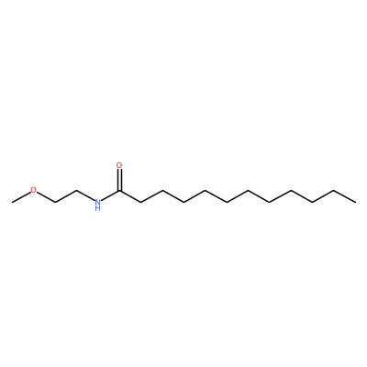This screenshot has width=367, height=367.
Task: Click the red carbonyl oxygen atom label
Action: tap(119, 165)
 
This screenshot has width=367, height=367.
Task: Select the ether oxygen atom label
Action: tap(33, 190)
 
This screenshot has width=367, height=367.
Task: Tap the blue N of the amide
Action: tap(97, 202)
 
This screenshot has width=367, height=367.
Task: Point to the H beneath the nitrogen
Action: tap(97, 208)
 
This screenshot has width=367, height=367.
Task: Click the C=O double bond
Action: tap(119, 181)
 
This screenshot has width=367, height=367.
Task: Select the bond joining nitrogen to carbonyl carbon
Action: tap(110, 196)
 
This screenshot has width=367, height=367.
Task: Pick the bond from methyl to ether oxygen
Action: tap(21, 197)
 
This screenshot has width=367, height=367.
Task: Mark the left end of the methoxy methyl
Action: tap(12, 202)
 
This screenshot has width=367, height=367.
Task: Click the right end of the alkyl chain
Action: tap(355, 202)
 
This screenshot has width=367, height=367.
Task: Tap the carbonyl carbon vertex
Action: tap(119, 191)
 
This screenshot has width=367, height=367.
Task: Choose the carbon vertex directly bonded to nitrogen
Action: tap(76, 191)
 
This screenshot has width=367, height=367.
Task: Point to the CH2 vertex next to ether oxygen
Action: tap(55, 202)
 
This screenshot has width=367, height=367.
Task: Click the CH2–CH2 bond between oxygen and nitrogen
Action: tap(66, 196)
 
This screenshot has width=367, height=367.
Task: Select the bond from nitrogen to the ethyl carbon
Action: tap(85, 195)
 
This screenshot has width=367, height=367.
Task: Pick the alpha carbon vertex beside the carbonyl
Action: tap(140, 202)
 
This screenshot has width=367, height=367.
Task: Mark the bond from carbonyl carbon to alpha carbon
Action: tap(130, 196)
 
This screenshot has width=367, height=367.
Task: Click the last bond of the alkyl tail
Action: tap(345, 196)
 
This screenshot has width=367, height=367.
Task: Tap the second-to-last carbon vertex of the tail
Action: tap(334, 191)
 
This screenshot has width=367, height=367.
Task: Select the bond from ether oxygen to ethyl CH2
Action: tap(46, 197)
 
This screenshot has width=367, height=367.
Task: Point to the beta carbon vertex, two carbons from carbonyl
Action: tap(162, 191)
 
